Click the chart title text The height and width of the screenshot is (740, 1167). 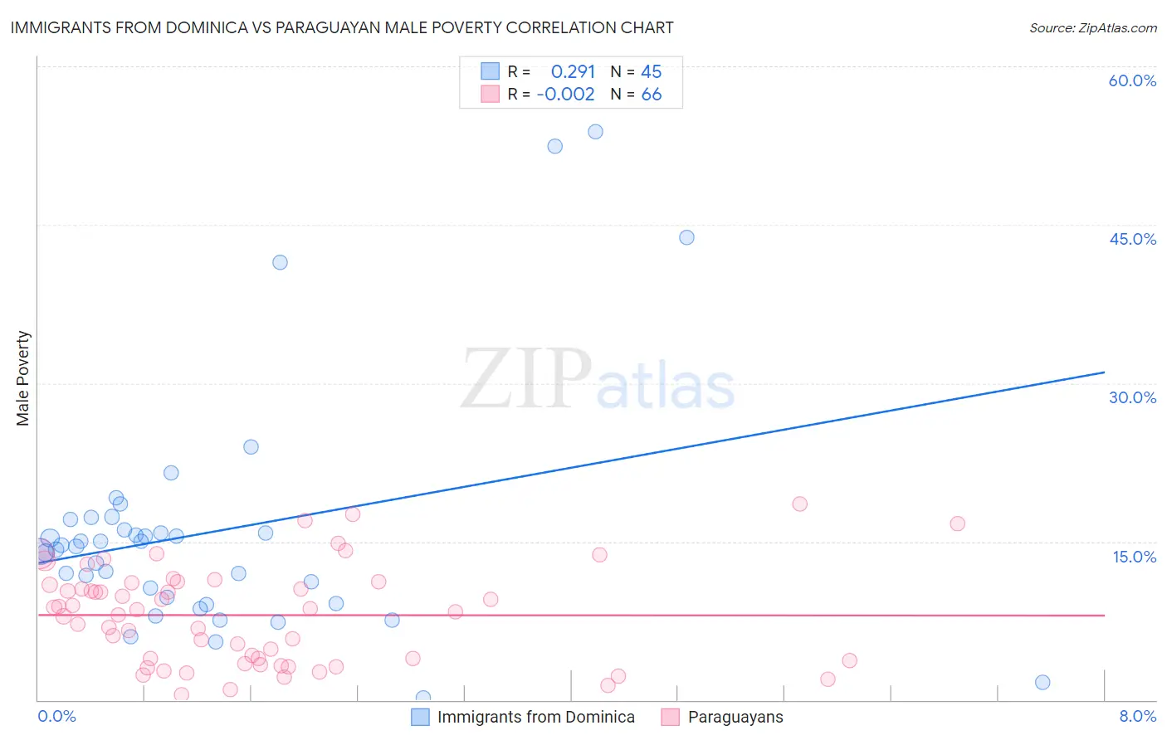coord(341,27)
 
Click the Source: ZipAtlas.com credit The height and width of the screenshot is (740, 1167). coord(1092,27)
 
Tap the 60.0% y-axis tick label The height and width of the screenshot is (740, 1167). coord(1132,80)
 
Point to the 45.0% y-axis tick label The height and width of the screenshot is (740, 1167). coord(1132,239)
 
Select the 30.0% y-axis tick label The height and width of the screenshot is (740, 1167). coord(1132,397)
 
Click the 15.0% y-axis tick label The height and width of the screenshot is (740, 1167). coord(1134,556)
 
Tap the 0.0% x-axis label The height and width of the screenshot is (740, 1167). coord(56,716)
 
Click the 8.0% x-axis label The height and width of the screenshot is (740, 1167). coord(1137,716)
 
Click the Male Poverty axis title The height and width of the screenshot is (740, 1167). coord(23,378)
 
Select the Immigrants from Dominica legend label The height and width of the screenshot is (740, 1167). coord(535,717)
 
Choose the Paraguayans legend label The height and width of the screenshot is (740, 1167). coord(735,717)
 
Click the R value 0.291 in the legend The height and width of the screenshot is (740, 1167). coord(573,71)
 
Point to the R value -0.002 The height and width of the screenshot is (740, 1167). coord(566,94)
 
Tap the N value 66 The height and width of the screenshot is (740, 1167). coord(652,94)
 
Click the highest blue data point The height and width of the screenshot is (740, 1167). coord(595,132)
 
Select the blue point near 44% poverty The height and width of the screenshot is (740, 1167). coord(686,237)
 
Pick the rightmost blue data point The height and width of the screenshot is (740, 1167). coord(1042,682)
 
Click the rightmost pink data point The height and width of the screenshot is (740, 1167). coord(957,523)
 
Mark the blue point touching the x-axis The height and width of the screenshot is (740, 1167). coord(423,698)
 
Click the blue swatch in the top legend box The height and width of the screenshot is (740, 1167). coord(491,71)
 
